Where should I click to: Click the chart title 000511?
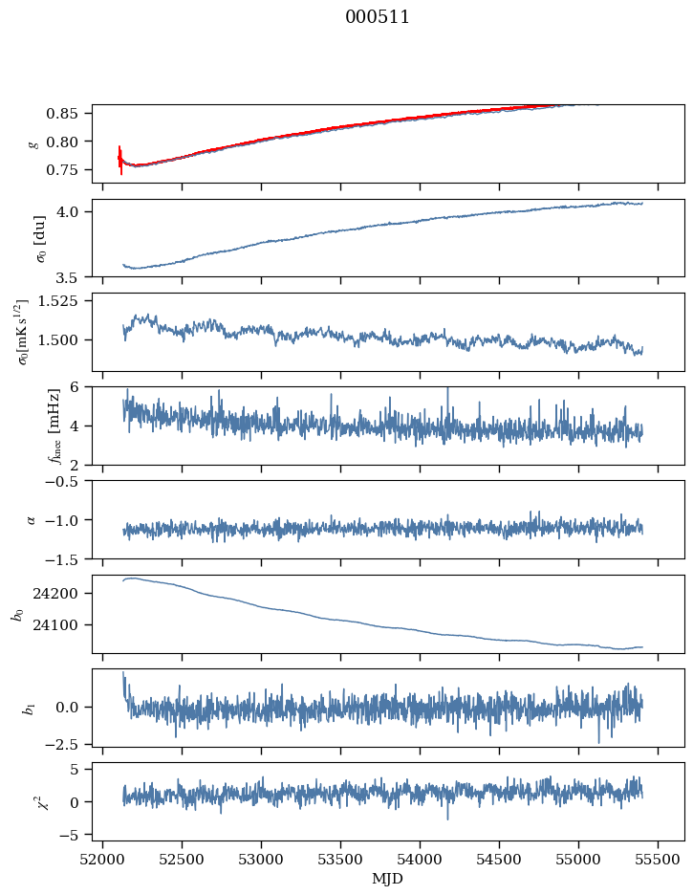coord(378,17)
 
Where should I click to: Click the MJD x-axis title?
coord(387,878)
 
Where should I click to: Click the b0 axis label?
coord(15,614)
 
